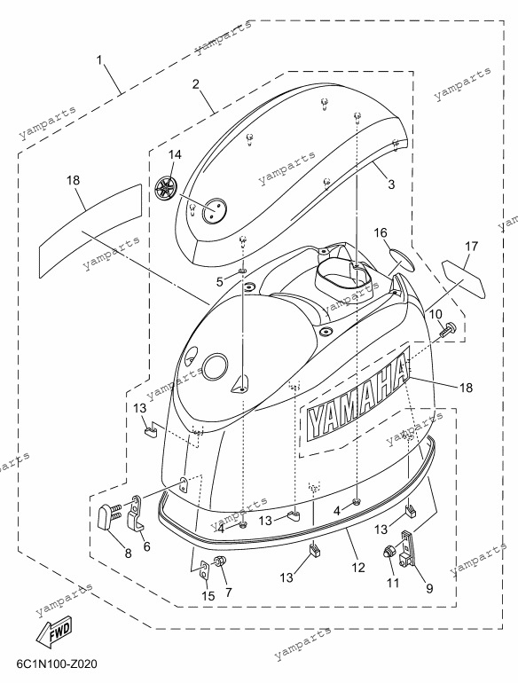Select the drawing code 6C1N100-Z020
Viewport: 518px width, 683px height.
pyautogui.click(x=57, y=664)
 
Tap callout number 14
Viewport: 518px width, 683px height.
pyautogui.click(x=175, y=154)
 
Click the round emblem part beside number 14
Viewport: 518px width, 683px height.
pyautogui.click(x=168, y=189)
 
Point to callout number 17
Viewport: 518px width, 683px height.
pyautogui.click(x=471, y=247)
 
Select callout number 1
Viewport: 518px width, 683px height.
pyautogui.click(x=99, y=59)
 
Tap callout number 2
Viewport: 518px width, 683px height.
pyautogui.click(x=196, y=83)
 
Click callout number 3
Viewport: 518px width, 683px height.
pyautogui.click(x=392, y=184)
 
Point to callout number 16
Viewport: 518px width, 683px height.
pyautogui.click(x=381, y=233)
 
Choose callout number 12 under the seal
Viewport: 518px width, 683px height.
pyautogui.click(x=359, y=567)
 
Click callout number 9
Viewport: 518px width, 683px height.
pyautogui.click(x=429, y=588)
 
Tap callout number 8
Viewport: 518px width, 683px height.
pyautogui.click(x=128, y=553)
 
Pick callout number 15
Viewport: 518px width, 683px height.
pyautogui.click(x=208, y=595)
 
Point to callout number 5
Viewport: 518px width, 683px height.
pyautogui.click(x=220, y=282)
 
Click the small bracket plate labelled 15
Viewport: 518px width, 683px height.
pyautogui.click(x=204, y=570)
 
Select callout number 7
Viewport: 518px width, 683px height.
pyautogui.click(x=229, y=592)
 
